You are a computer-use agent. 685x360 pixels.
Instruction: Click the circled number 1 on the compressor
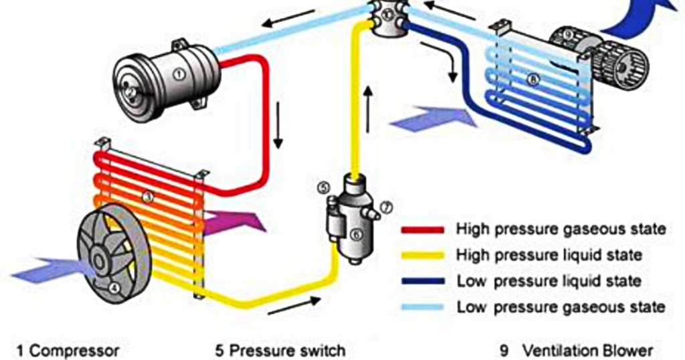pyautogui.click(x=179, y=75)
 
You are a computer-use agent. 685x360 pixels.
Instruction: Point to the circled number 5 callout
pyautogui.click(x=324, y=187)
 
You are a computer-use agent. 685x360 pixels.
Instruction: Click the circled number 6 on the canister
pyautogui.click(x=355, y=234)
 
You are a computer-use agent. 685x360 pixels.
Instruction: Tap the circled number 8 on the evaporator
pyautogui.click(x=532, y=80)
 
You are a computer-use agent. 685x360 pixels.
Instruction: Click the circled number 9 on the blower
pyautogui.click(x=567, y=33)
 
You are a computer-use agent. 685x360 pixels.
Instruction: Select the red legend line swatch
pyautogui.click(x=423, y=230)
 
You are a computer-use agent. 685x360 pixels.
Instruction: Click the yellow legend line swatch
pyautogui.click(x=423, y=255)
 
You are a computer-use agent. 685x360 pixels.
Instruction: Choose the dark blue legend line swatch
pyautogui.click(x=423, y=281)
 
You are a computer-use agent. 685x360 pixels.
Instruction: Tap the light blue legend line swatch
pyautogui.click(x=423, y=307)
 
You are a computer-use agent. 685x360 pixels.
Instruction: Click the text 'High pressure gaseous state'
pyautogui.click(x=561, y=229)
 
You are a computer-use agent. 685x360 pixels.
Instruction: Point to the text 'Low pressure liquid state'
pyautogui.click(x=549, y=281)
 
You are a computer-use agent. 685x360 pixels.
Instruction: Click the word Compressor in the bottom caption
pyautogui.click(x=75, y=350)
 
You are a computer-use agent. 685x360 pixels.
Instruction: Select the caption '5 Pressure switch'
pyautogui.click(x=280, y=350)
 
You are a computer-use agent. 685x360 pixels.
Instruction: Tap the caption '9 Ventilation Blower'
pyautogui.click(x=576, y=350)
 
